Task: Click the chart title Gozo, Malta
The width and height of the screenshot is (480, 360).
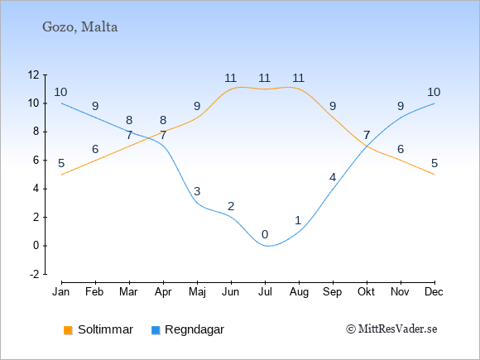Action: point(80,27)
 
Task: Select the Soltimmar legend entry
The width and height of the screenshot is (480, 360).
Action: point(98,329)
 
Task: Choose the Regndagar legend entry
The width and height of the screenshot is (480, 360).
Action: point(188,329)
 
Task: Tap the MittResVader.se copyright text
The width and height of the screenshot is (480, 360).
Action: point(391,329)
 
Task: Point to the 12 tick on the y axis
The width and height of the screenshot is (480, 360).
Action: point(33,74)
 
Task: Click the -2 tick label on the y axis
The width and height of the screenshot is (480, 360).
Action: point(35,274)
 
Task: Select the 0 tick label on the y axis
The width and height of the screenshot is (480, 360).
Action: point(36,246)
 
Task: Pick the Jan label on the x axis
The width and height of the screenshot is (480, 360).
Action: point(61,292)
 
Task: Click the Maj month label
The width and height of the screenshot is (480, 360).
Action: point(197,292)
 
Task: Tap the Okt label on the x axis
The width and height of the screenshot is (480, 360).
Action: point(367,292)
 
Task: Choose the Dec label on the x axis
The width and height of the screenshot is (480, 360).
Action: point(434,292)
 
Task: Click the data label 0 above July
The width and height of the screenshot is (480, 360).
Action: point(265,235)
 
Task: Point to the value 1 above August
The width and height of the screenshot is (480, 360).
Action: point(298,220)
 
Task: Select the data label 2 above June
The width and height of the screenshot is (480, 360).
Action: point(231,206)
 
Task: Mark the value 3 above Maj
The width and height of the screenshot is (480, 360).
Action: point(197,192)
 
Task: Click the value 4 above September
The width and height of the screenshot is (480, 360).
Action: point(333,177)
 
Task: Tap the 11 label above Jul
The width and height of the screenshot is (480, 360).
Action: point(265,78)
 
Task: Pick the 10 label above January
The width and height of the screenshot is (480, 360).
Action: point(60,92)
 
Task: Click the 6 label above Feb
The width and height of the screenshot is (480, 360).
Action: point(95,150)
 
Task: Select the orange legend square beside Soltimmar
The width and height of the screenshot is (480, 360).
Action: point(68,330)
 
